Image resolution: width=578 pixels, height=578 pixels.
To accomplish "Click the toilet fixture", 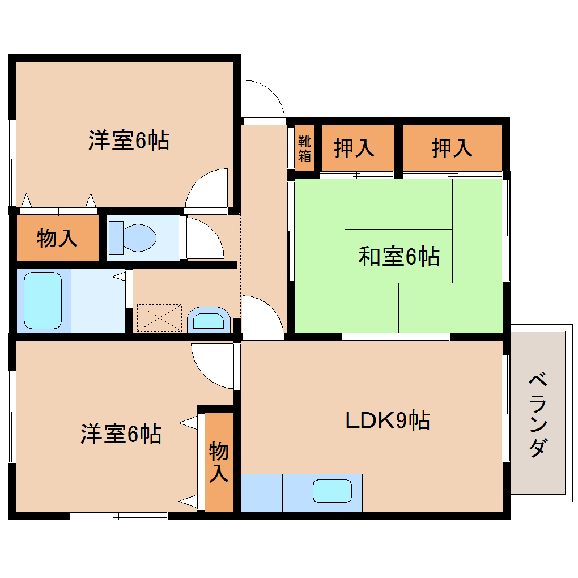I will tap(133, 237).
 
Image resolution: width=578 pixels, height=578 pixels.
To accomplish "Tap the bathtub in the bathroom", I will tap(43, 301).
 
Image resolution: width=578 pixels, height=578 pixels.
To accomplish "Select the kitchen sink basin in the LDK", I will tap(332, 491).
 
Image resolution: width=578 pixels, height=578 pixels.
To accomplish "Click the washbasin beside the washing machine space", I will tap(208, 320).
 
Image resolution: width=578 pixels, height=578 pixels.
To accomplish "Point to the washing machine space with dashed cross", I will tap(159, 318).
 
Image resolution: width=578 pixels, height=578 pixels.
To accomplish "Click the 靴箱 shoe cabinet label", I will tap(305, 148).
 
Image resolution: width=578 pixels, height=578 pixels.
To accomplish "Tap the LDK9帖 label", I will tap(388, 420).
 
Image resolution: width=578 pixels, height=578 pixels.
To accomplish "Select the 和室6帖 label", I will tap(398, 257).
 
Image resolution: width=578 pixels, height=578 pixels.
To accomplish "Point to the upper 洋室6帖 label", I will tap(129, 140).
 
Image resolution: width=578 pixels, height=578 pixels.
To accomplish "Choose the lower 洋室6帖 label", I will tap(120, 434).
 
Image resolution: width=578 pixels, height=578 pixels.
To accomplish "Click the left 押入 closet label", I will tap(354, 148).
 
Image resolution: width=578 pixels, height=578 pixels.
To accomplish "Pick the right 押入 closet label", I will tap(452, 148).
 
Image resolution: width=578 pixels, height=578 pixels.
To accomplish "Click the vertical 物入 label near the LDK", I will tap(219, 462).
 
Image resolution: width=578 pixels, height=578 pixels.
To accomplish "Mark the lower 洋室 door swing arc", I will tap(212, 365).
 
